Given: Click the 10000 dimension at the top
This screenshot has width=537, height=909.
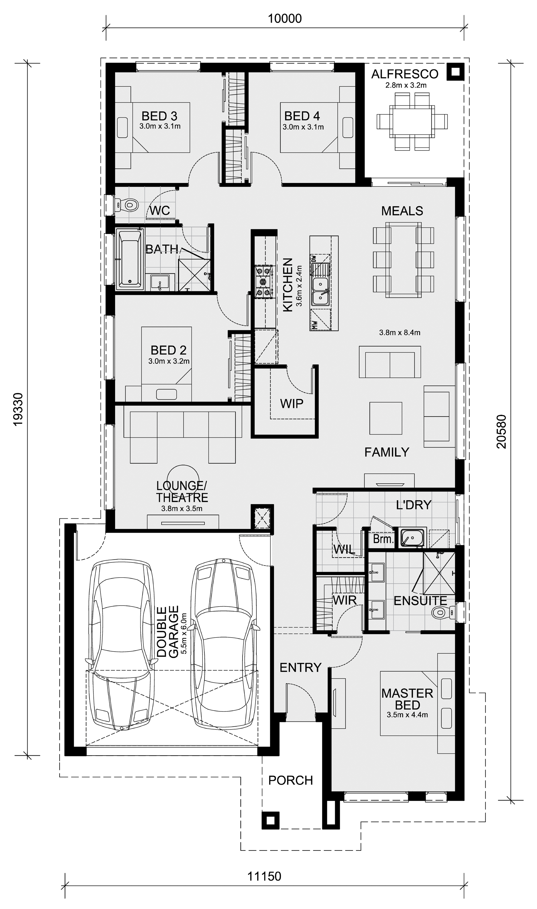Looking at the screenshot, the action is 285,18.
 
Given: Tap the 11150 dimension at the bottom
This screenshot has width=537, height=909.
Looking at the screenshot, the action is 264,876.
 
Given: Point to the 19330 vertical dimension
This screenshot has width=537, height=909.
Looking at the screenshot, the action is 18,409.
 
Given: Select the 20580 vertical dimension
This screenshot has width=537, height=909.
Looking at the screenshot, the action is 502,431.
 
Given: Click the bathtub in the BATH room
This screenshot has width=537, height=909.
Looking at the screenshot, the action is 130,259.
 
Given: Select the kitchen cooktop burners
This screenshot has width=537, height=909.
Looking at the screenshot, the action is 263,282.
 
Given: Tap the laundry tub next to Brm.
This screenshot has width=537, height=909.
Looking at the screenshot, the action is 413,538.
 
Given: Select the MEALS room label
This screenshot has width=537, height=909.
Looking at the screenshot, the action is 402,211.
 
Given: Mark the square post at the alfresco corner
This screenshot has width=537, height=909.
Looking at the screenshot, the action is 455,72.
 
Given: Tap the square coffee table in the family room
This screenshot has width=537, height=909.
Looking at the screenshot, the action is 385,418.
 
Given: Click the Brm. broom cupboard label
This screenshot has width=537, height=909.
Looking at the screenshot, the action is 383,539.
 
